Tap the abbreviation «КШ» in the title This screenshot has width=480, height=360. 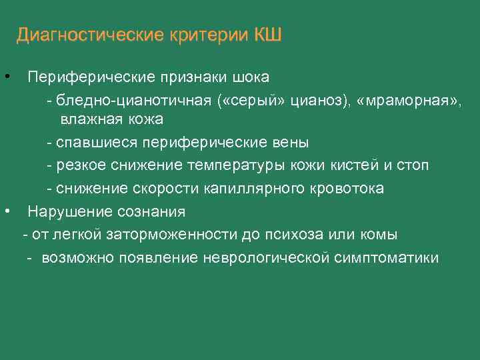click(x=268, y=35)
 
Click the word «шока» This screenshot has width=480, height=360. click(x=251, y=77)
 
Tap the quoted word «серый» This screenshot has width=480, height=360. click(x=262, y=99)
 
